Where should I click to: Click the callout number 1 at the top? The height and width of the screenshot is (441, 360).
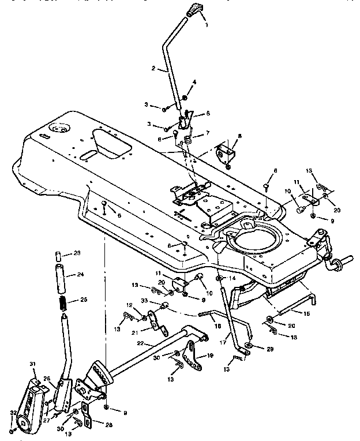tap(206, 25)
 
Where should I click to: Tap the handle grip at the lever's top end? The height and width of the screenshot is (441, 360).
tap(193, 10)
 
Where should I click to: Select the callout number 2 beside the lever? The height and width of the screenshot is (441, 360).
tap(154, 69)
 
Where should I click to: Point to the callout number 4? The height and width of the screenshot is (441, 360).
tap(194, 82)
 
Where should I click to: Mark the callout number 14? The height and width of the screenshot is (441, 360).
tap(233, 278)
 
